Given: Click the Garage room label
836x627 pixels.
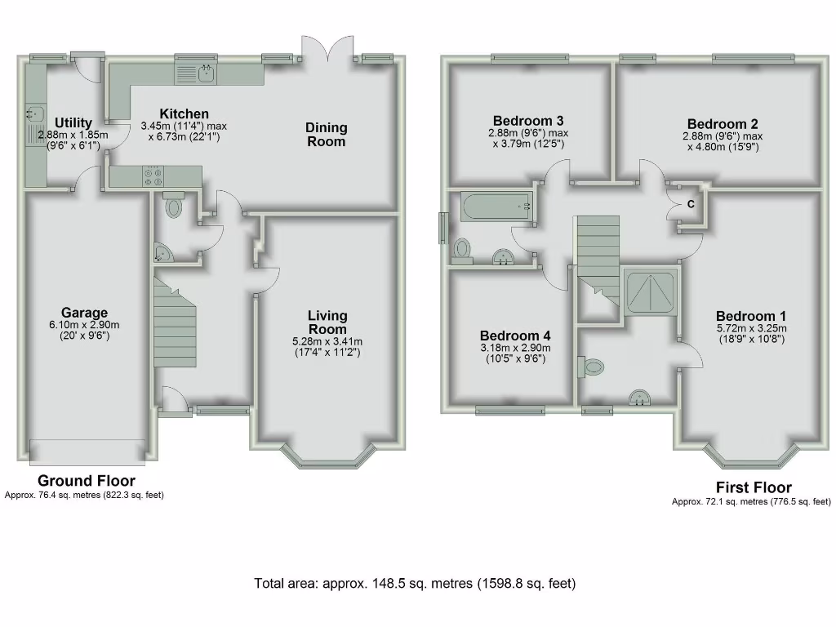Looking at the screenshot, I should [x=84, y=313].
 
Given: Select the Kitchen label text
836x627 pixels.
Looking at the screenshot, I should [x=184, y=114].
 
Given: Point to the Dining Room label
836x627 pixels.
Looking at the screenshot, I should [x=326, y=134].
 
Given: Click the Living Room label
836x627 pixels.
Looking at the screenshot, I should [x=327, y=322].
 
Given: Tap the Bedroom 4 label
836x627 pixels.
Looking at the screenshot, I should [x=515, y=336].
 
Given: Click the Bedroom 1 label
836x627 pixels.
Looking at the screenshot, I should [x=751, y=317].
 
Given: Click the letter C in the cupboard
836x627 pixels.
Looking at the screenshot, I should [x=690, y=205].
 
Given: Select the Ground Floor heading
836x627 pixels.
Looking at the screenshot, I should [x=87, y=481].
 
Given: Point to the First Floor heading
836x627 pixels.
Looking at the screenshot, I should [x=754, y=488].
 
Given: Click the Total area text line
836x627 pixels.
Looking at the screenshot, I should [x=415, y=584].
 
